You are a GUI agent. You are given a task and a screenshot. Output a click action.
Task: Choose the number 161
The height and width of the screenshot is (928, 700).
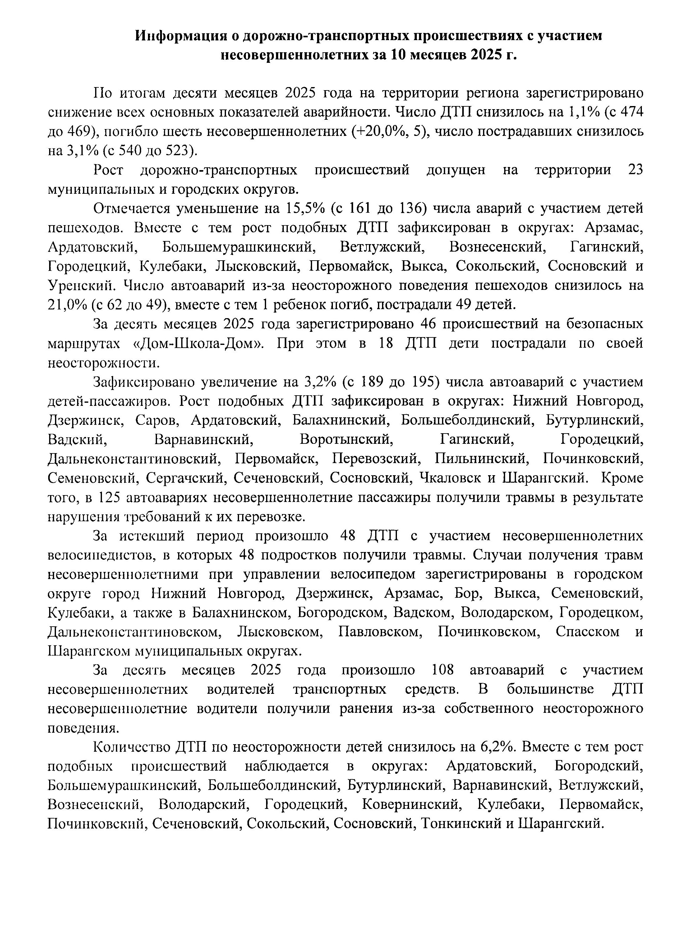click(x=357, y=208)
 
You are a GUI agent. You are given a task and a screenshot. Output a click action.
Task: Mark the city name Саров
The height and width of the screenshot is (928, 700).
click(x=158, y=420)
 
